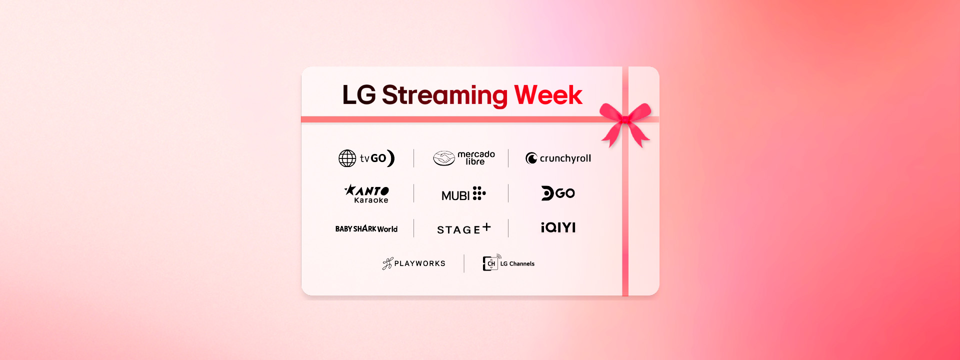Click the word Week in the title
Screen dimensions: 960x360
pos(548,95)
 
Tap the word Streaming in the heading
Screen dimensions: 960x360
pos(445,96)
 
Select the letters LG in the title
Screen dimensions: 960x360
pos(359,95)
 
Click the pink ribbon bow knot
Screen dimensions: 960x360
pos(624,119)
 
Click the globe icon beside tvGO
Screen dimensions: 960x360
pos(347,158)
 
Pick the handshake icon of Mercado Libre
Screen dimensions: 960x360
pos(443,158)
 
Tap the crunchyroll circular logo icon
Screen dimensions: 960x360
pos(531,158)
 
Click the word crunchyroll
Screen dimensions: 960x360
pos(565,158)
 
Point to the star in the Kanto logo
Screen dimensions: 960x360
pos(350,189)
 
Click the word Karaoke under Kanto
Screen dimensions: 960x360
pos(371,200)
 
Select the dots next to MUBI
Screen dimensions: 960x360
pos(479,193)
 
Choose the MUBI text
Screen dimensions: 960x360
pos(455,195)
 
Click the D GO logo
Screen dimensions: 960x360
pos(558,193)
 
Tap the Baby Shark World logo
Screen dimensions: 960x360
pos(366,229)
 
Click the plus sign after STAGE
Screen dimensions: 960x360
pos(486,227)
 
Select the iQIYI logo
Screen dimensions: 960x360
pos(558,227)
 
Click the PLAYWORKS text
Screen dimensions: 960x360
pos(420,263)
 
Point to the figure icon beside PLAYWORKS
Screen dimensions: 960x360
pos(387,263)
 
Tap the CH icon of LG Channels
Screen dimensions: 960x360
pos(491,262)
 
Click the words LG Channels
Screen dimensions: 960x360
pos(517,263)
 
